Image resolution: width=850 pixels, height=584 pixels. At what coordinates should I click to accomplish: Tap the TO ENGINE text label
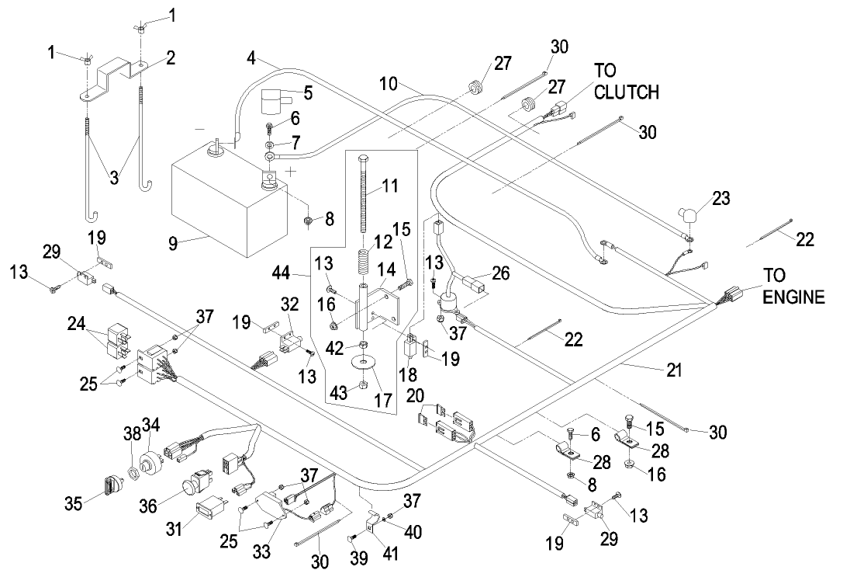tap(793, 287)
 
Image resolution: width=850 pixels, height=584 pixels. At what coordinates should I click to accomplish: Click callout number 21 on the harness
tap(675, 370)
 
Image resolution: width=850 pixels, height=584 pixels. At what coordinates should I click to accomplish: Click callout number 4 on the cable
tap(251, 57)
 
